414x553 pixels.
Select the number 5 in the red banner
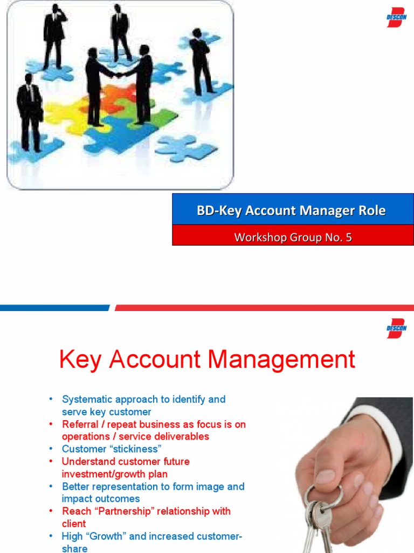pyautogui.click(x=349, y=237)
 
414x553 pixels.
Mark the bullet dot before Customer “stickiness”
pyautogui.click(x=51, y=449)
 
